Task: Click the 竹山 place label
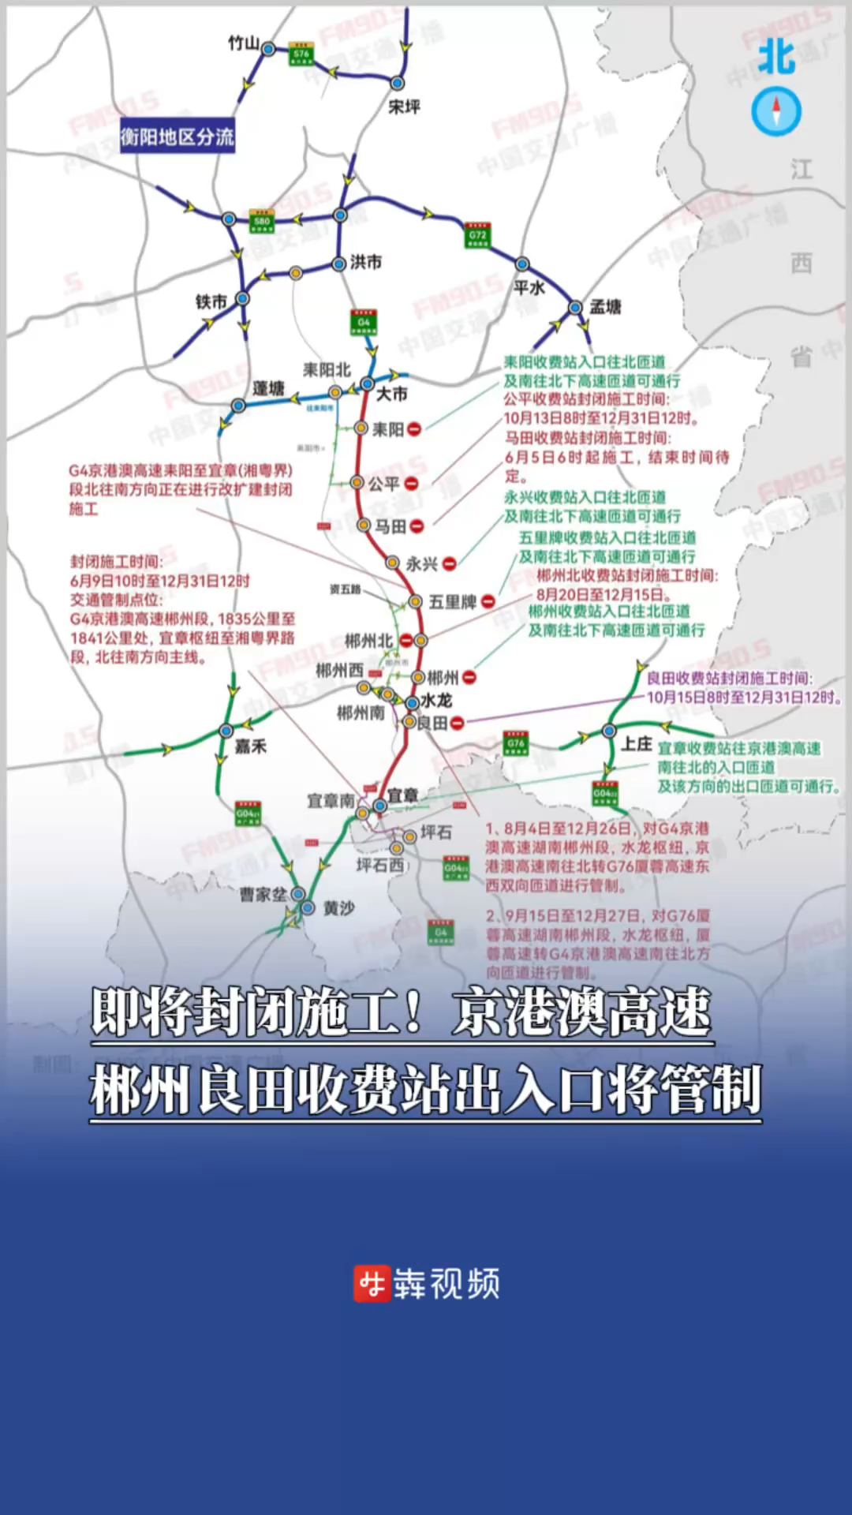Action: click(x=243, y=43)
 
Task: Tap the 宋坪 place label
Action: click(x=404, y=107)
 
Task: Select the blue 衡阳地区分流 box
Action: click(x=177, y=137)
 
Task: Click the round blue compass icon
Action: click(x=776, y=111)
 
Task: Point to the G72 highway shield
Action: click(x=478, y=235)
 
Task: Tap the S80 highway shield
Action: click(x=262, y=222)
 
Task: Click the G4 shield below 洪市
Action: click(x=364, y=322)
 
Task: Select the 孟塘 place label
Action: click(x=606, y=307)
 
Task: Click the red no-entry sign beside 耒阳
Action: click(x=414, y=429)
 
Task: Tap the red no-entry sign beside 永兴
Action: click(x=449, y=563)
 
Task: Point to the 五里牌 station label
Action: click(x=452, y=602)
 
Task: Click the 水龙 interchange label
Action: click(x=436, y=700)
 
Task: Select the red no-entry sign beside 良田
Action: click(x=457, y=723)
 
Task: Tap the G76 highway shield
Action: click(x=516, y=743)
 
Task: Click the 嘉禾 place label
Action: click(x=251, y=746)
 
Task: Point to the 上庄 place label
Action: click(x=637, y=744)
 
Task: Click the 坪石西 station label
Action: click(x=379, y=866)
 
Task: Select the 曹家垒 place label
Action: click(x=263, y=894)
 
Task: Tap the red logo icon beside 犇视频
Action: click(x=372, y=1284)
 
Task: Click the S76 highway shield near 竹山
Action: click(x=301, y=54)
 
